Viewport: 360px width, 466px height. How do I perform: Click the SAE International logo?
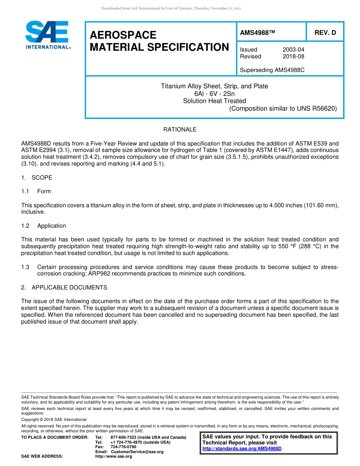pos(47,35)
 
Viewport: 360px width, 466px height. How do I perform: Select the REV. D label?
pos(325,33)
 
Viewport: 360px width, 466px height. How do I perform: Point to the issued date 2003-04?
pos(293,50)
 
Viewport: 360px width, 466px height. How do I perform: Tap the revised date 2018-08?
pos(293,56)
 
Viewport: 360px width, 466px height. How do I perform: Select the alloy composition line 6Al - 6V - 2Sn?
pos(214,94)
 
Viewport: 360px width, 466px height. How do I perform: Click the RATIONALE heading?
pos(180,130)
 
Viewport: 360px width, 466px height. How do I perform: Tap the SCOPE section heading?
pos(42,178)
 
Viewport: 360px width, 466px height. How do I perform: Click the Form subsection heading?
pos(44,191)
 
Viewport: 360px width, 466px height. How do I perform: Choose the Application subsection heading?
pos(52,226)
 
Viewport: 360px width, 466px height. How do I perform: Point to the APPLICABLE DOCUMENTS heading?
pos(69,288)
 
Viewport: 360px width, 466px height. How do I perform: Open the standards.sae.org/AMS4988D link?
pos(242,449)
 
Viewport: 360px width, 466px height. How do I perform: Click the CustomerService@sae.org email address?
pos(137,452)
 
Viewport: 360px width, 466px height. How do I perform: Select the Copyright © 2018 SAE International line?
pos(54,419)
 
